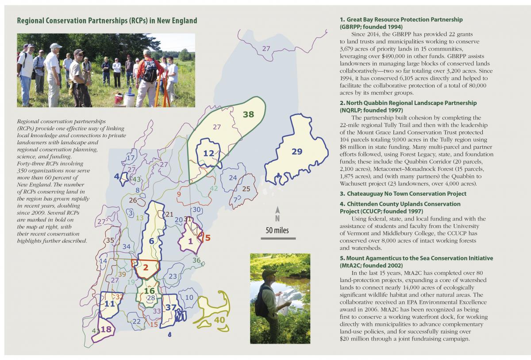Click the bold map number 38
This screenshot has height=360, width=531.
pos(248,114)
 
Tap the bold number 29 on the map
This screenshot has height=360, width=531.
pos(296,151)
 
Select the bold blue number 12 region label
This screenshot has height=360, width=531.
pos(209,153)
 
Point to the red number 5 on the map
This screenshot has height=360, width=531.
pos(208,237)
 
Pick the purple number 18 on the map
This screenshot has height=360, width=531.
pos(106,329)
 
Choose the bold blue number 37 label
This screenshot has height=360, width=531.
pos(171,308)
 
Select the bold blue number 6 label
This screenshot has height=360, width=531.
pos(151,241)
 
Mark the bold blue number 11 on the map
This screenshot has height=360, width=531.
pos(109,304)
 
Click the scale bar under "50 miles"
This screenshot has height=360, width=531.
pos(277,239)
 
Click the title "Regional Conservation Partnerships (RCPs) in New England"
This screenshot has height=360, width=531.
pos(107,21)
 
